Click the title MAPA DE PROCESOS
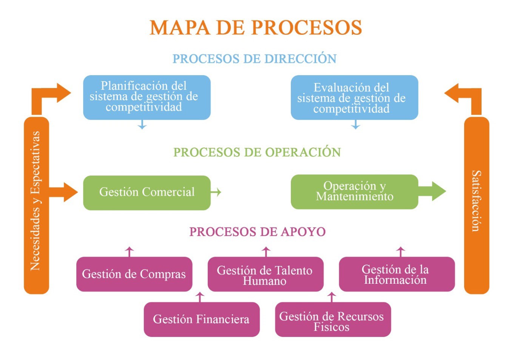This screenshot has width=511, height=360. (x=256, y=28)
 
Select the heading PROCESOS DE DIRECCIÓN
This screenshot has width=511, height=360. (x=254, y=59)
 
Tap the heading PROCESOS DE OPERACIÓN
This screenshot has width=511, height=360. (x=257, y=152)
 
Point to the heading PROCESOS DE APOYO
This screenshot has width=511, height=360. (x=257, y=231)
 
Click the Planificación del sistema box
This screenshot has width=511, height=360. (x=147, y=97)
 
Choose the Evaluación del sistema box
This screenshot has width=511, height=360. (x=354, y=98)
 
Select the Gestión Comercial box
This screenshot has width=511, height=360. (x=147, y=192)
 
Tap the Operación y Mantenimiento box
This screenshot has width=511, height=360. (x=354, y=191)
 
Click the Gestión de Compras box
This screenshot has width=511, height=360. (x=134, y=274)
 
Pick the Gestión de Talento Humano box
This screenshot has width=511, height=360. (x=265, y=274)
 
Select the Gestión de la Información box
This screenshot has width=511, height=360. (x=397, y=274)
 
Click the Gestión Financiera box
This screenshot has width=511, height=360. (x=201, y=319)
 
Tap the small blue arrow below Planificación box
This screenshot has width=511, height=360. (x=142, y=125)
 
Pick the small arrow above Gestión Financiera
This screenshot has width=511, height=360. (x=200, y=297)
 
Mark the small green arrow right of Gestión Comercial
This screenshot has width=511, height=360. (x=216, y=192)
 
